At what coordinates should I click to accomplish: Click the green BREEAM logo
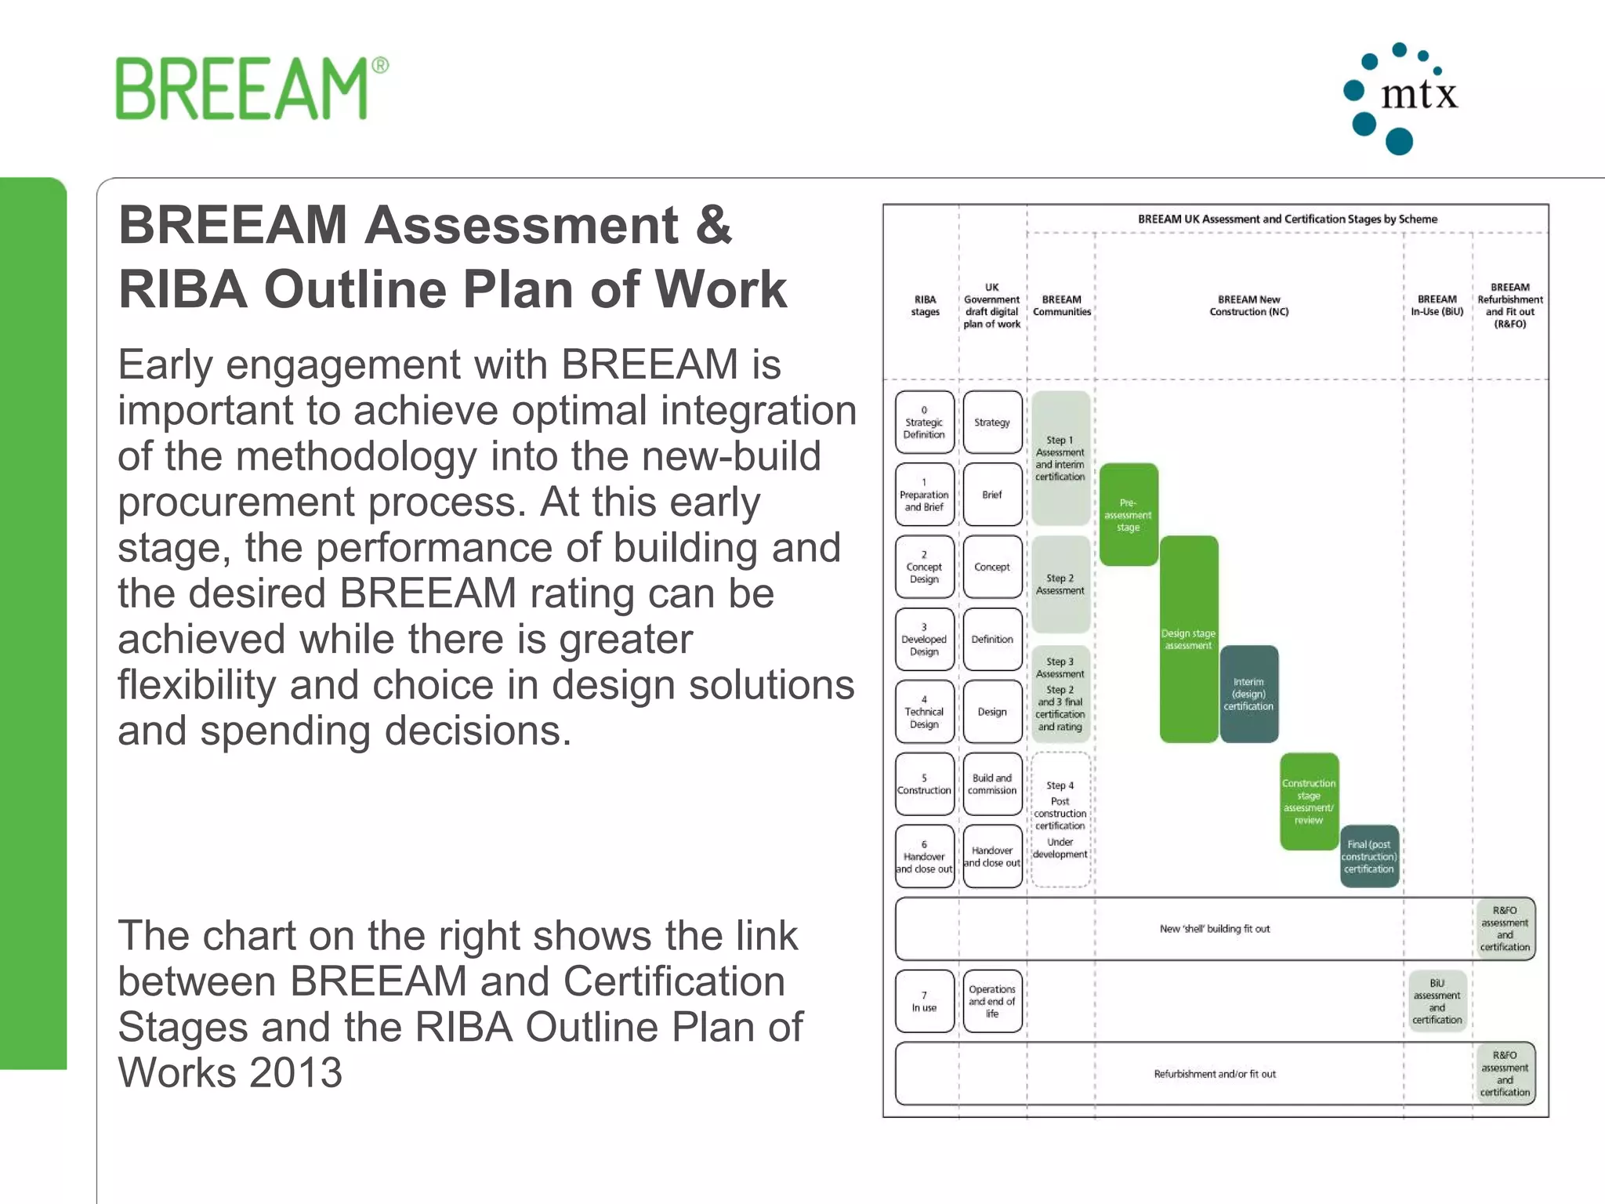[251, 89]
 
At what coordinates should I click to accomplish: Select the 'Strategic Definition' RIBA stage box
[925, 422]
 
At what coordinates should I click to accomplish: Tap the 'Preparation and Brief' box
[925, 495]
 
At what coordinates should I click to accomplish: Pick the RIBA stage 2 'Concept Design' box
[925, 567]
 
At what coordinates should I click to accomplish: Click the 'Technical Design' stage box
[925, 712]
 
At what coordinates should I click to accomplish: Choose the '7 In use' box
[925, 1002]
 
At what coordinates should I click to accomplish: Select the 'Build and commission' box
[992, 784]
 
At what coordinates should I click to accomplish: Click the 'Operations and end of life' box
[992, 1002]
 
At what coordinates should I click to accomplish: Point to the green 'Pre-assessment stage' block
[1129, 515]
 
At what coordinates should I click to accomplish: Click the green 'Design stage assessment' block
[1189, 640]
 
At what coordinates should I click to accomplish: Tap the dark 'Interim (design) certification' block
[1249, 694]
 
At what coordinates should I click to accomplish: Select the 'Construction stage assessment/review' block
[1309, 802]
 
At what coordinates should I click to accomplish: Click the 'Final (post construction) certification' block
[1369, 856]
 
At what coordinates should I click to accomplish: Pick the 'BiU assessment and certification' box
[1437, 1002]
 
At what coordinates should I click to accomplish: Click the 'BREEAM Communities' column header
[1062, 306]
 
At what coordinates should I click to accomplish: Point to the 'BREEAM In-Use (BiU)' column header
[1437, 306]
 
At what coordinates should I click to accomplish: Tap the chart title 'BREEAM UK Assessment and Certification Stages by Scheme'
[1288, 219]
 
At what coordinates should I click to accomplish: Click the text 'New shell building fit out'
[1215, 929]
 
